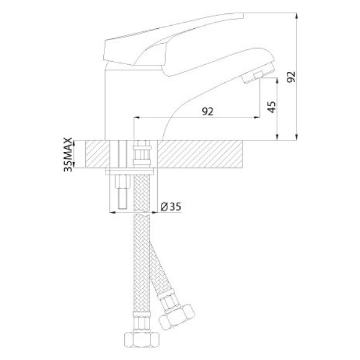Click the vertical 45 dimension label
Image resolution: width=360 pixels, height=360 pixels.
[272, 107]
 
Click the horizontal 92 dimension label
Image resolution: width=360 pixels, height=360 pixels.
[208, 112]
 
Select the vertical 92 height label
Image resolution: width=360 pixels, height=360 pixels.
[291, 77]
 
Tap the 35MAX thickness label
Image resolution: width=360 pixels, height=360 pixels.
[68, 155]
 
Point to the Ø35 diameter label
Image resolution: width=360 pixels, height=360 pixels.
[171, 206]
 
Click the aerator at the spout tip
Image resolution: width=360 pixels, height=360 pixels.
[258, 73]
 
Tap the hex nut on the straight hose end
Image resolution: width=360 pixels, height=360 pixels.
[142, 340]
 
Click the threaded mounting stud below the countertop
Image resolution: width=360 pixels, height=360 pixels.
[122, 192]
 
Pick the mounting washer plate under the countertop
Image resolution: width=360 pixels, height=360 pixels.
[130, 172]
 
